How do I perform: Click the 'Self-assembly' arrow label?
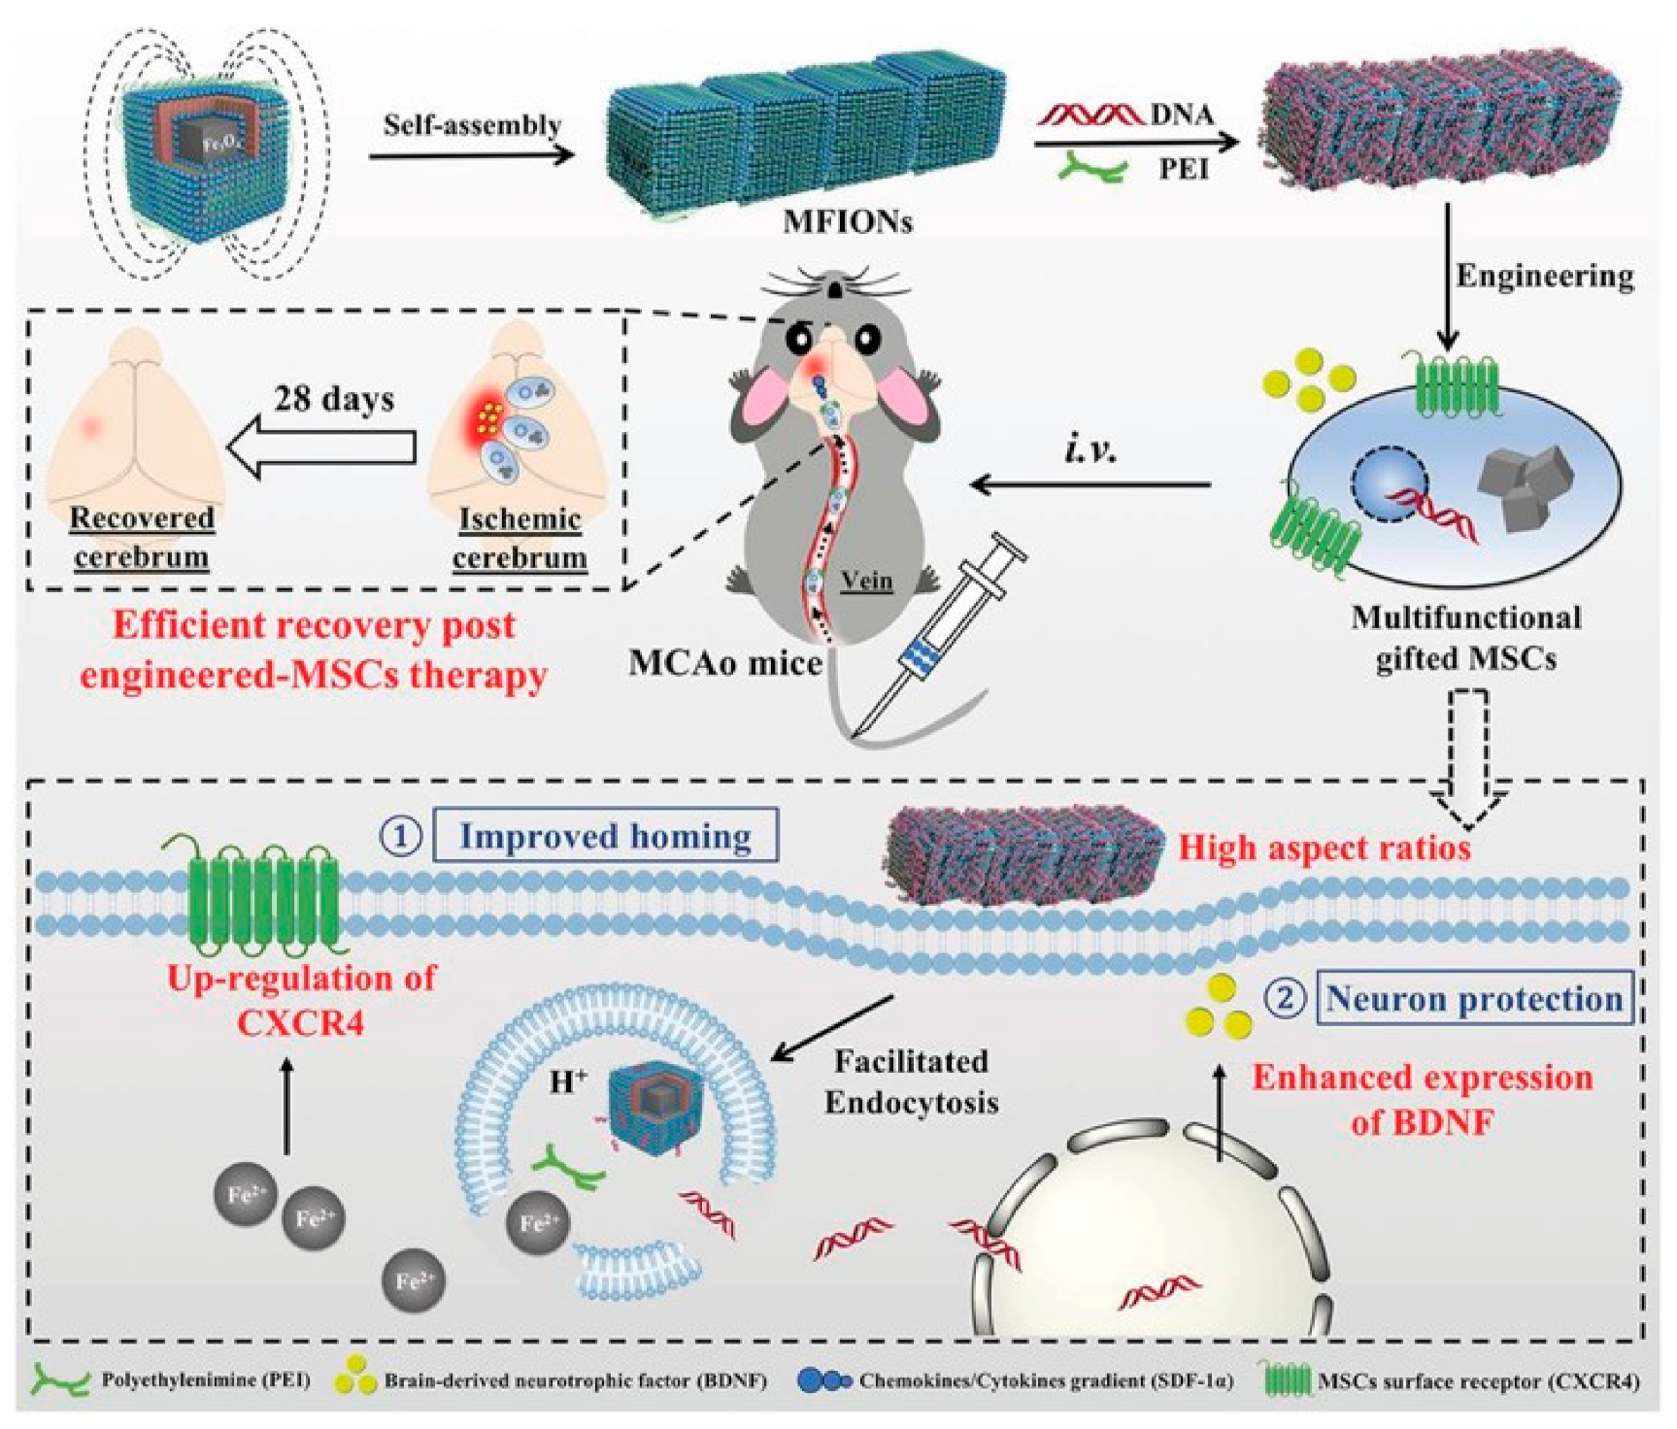pos(472,124)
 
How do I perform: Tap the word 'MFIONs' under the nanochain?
pos(848,222)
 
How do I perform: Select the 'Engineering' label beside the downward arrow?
pos(1544,276)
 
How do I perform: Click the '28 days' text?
pos(334,399)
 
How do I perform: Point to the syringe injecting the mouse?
pos(937,642)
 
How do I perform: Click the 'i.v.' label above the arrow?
pos(1090,449)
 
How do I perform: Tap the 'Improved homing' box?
pos(604,836)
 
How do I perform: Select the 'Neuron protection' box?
pos(1473,998)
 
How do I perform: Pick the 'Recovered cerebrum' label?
pos(142,538)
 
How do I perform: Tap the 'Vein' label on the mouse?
pos(866,581)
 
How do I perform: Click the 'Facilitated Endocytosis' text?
pos(911,1081)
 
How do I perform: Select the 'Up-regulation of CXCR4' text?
pos(301,999)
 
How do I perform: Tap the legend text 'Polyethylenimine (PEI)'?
pos(205,1379)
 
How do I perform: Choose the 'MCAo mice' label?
pos(725,662)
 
